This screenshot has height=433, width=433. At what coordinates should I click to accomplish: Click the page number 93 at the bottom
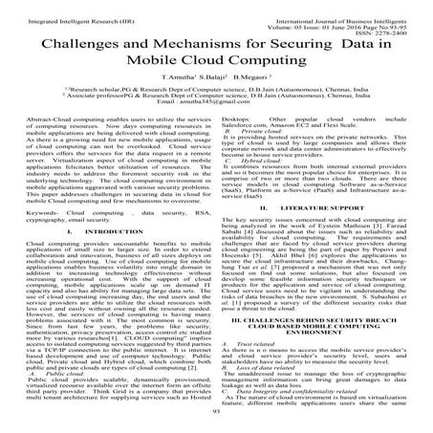click(216, 423)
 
